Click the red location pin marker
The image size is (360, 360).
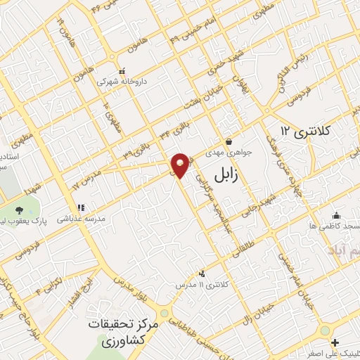pyautogui.click(x=181, y=165)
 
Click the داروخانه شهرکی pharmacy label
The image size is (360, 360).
pyautogui.click(x=112, y=81)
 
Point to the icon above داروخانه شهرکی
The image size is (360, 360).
pyautogui.click(x=122, y=70)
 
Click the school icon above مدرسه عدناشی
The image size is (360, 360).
pyautogui.click(x=81, y=208)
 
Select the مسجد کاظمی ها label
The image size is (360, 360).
pyautogui.click(x=334, y=226)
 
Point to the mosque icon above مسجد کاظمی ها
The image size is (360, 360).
pyautogui.click(x=336, y=215)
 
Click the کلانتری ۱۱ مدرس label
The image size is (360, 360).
pyautogui.click(x=204, y=285)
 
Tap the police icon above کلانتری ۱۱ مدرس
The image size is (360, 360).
pyautogui.click(x=203, y=274)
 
